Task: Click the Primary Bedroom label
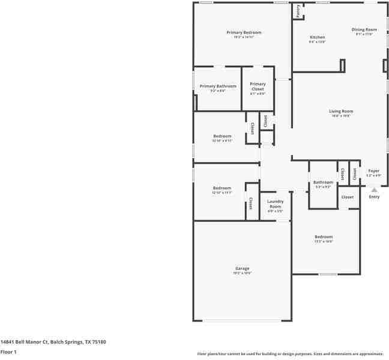click(x=244, y=32)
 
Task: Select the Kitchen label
click(x=317, y=37)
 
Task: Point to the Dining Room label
click(x=364, y=29)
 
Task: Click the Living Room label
click(x=341, y=111)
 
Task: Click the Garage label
click(x=242, y=268)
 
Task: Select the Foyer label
click(x=374, y=171)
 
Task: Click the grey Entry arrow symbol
click(x=374, y=190)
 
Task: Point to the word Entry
click(x=374, y=197)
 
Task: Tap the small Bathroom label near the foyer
click(x=323, y=182)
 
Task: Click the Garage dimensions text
click(x=242, y=273)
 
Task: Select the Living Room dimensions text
click(x=341, y=116)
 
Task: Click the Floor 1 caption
click(x=8, y=352)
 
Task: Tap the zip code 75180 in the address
click(x=99, y=341)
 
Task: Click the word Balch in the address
click(x=57, y=341)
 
